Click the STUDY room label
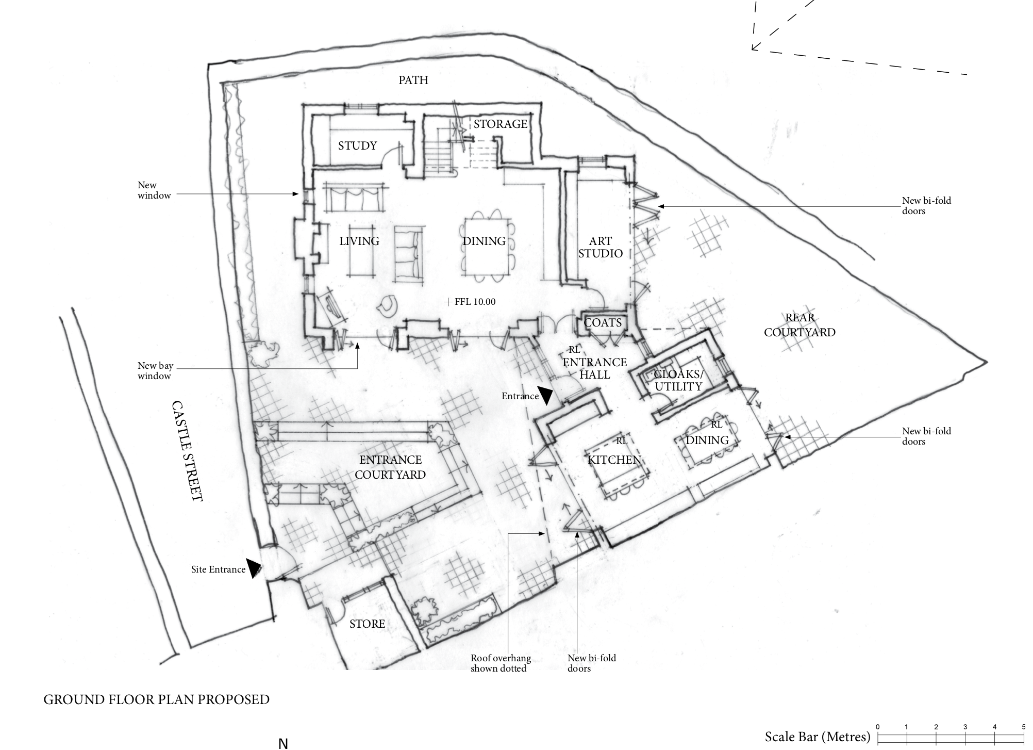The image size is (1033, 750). [x=357, y=146]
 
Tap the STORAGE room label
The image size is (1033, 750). [x=501, y=124]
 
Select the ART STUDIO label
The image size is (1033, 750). [x=601, y=247]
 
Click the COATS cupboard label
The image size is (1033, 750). [x=603, y=323]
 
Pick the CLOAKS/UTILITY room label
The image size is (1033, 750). [x=678, y=380]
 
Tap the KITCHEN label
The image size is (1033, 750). [x=614, y=460]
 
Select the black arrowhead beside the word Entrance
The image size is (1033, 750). [x=545, y=395]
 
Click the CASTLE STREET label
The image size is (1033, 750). [x=187, y=451]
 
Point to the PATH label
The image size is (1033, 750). [x=413, y=80]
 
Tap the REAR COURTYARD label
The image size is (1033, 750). [x=799, y=325]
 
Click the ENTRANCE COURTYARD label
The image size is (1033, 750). [x=390, y=467]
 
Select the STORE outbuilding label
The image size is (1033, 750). [x=367, y=624]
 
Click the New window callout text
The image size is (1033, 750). [x=154, y=190]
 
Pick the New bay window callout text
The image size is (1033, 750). [x=155, y=371]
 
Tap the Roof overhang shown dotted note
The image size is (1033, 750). [x=501, y=663]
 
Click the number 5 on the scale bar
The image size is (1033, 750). [x=1023, y=727]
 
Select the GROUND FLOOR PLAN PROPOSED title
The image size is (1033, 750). [x=156, y=699]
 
